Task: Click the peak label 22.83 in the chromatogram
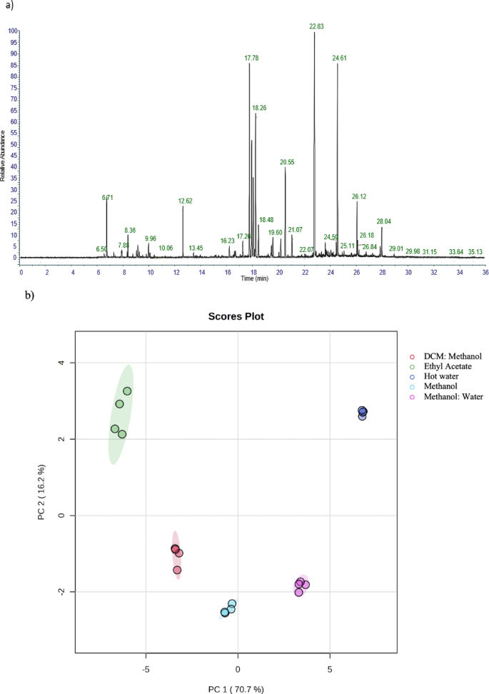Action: (316, 26)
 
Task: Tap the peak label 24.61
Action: (340, 59)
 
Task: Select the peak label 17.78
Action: (251, 59)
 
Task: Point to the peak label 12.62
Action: (186, 201)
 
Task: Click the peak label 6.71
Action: (108, 197)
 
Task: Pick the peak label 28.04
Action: (384, 221)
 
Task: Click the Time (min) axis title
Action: (254, 278)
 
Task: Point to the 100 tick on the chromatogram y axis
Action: (12, 31)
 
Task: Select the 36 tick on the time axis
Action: (485, 271)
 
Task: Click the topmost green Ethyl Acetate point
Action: (127, 391)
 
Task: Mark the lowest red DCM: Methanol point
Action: (177, 570)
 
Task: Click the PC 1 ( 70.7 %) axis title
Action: (236, 689)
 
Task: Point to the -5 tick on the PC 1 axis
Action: (146, 670)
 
